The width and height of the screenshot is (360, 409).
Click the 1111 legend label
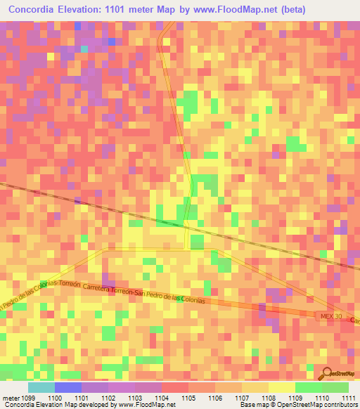point(349,396)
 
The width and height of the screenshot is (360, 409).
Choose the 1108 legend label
point(269,396)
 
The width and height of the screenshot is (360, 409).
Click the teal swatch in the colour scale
point(41,387)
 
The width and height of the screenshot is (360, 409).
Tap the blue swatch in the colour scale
point(67,387)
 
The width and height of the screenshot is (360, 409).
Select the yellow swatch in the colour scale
point(281,387)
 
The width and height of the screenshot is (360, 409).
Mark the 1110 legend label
point(323,396)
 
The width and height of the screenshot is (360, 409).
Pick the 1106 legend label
point(215,396)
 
